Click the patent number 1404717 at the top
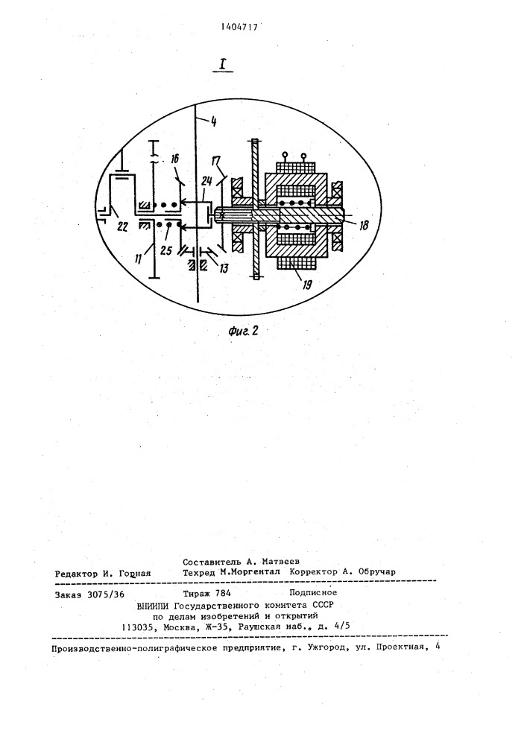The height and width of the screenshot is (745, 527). [x=239, y=27]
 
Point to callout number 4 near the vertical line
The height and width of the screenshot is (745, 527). [x=213, y=121]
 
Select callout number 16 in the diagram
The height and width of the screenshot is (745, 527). [x=174, y=159]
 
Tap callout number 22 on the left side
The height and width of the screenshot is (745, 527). [x=122, y=227]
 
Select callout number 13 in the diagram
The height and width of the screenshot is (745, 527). [x=224, y=268]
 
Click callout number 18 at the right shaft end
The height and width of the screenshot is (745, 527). [x=364, y=224]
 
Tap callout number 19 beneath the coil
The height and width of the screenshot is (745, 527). [x=307, y=285]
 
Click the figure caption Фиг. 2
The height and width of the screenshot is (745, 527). [x=243, y=332]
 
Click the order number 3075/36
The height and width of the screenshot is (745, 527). [x=106, y=594]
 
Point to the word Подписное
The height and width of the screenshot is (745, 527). [x=313, y=592]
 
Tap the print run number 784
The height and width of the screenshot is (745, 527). [x=223, y=593]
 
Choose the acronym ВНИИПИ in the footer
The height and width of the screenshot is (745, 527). [x=153, y=605]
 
